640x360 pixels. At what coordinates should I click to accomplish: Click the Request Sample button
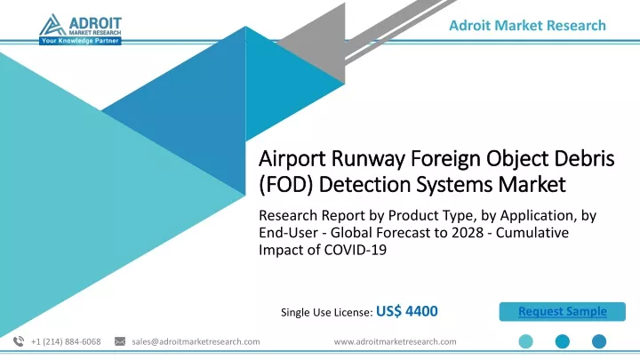pyautogui.click(x=562, y=311)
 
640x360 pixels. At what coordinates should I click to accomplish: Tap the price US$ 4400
pyautogui.click(x=406, y=311)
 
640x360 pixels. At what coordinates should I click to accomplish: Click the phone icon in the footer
pyautogui.click(x=19, y=341)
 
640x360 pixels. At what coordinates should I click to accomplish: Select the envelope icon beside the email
pyautogui.click(x=120, y=341)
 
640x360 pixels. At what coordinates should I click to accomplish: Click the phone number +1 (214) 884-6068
pyautogui.click(x=66, y=341)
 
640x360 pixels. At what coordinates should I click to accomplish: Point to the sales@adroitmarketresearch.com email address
pyautogui.click(x=196, y=341)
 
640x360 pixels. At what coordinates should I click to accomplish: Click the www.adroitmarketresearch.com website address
pyautogui.click(x=395, y=341)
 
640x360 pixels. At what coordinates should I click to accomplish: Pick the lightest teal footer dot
pyautogui.click(x=525, y=341)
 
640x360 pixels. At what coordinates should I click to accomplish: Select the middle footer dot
pyautogui.click(x=563, y=341)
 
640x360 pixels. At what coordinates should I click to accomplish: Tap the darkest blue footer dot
pyautogui.click(x=599, y=341)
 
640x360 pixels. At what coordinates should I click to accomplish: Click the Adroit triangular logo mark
pyautogui.click(x=52, y=25)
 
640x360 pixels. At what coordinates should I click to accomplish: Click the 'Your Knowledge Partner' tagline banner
pyautogui.click(x=80, y=41)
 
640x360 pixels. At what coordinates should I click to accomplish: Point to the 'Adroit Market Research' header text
pyautogui.click(x=527, y=25)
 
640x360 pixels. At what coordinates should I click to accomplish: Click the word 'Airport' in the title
pyautogui.click(x=292, y=159)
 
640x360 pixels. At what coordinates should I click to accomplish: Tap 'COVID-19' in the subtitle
pyautogui.click(x=355, y=250)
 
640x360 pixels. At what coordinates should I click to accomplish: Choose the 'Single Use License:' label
pyautogui.click(x=326, y=312)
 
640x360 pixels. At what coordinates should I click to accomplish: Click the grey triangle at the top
pyautogui.click(x=323, y=45)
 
